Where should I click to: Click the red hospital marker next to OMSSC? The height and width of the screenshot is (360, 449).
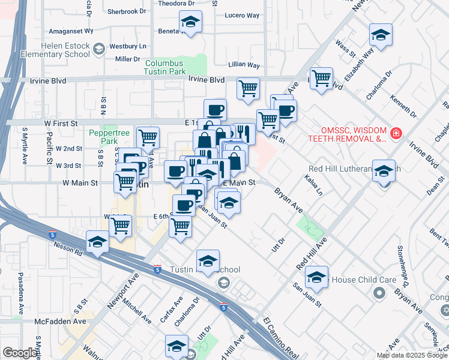[395, 133]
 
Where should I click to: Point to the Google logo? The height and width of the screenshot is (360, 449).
[20, 353]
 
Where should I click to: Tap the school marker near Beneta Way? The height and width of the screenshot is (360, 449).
[191, 23]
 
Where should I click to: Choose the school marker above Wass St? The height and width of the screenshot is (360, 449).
[381, 35]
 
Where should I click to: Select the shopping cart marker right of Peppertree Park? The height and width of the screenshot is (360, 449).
[148, 137]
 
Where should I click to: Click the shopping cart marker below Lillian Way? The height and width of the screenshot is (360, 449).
[248, 89]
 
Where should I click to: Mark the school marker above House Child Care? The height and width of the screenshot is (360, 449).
[316, 277]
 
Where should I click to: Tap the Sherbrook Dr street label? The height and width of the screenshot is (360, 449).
[127, 11]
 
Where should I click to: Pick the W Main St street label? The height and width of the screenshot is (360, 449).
[81, 182]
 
